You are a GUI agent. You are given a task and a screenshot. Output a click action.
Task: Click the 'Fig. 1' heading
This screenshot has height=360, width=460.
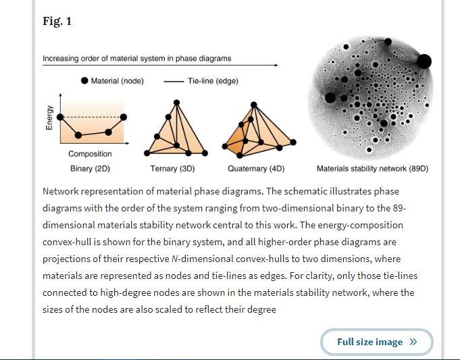(x=57, y=21)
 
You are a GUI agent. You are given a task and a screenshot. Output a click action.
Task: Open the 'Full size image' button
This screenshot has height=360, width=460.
(x=377, y=342)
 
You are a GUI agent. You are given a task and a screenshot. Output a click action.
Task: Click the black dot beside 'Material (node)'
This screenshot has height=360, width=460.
(x=84, y=80)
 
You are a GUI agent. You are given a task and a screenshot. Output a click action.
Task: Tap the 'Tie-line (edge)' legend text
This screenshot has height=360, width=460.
(x=213, y=81)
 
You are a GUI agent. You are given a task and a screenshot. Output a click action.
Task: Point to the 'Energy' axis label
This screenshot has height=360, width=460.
(x=49, y=118)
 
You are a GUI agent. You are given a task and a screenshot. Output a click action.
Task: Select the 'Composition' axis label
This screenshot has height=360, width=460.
(x=90, y=154)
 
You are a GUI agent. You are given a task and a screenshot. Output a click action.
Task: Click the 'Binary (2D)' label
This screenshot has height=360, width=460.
(x=90, y=169)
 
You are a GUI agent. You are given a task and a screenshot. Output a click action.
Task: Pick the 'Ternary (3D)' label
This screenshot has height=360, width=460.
(x=172, y=169)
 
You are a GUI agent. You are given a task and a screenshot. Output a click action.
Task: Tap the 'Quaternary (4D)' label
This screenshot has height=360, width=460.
(x=256, y=169)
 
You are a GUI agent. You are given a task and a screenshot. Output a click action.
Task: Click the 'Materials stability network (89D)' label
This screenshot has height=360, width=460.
(x=373, y=169)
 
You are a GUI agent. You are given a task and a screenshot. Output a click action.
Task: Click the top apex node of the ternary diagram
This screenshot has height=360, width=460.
(x=176, y=103)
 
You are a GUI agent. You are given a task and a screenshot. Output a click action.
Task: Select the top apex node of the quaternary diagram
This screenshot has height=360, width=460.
(x=254, y=105)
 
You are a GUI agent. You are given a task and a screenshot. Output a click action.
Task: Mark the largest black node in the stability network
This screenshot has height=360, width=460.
(x=424, y=61)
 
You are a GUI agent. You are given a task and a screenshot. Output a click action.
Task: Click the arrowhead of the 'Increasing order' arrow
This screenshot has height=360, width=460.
(x=276, y=65)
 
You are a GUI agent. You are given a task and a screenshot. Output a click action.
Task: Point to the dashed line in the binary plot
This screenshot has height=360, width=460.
(x=92, y=117)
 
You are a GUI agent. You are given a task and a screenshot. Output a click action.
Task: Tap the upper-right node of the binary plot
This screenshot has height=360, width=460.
(x=124, y=117)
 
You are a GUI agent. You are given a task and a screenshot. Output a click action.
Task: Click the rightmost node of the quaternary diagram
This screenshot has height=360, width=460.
(x=293, y=143)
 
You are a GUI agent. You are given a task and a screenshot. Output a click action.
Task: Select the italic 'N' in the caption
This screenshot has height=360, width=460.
(x=174, y=259)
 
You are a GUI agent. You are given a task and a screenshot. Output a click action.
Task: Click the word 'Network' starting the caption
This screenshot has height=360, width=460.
(x=60, y=191)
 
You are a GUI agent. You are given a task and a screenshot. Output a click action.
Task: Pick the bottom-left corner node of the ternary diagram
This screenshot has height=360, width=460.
(x=147, y=153)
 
